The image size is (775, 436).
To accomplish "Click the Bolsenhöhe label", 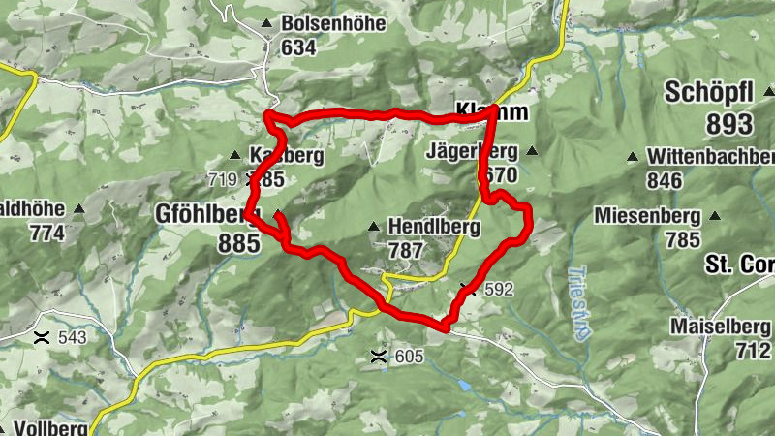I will pos(333,23).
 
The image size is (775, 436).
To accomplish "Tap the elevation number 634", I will pos(299,47).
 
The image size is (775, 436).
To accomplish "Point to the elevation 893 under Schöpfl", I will pos(729,123).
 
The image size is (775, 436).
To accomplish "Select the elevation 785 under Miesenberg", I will pos(682,238).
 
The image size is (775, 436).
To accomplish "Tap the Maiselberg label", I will pos(720,327).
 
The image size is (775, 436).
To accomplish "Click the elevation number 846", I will pos(665,179).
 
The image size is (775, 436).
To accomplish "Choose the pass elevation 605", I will pos(409,358).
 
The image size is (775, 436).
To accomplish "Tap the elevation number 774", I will pos(46,234).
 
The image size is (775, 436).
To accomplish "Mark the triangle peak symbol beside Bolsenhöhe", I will pos(266,23).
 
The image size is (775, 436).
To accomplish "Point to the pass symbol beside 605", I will pos(379,357).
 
